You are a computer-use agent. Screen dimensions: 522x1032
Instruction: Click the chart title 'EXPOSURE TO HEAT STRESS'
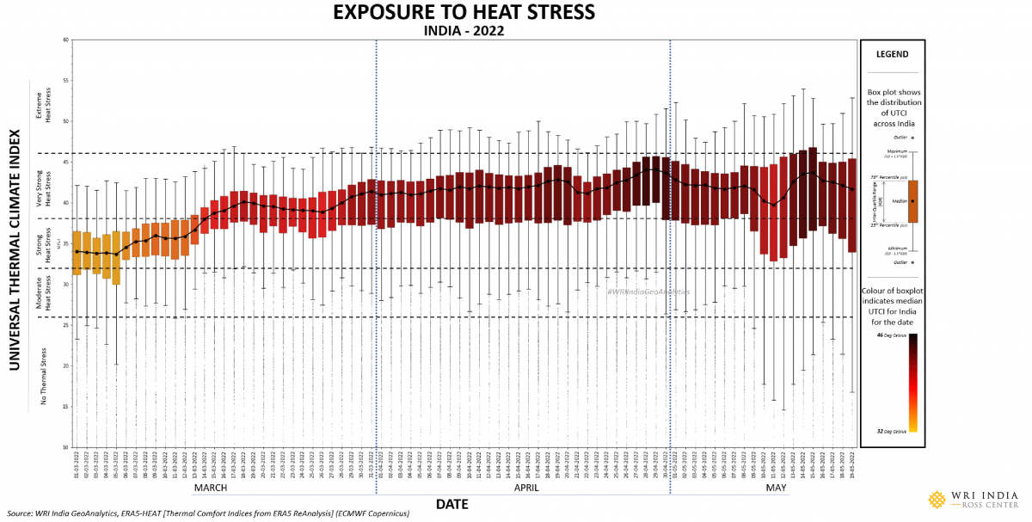click(464, 12)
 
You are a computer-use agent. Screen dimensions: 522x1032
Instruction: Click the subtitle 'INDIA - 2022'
click(464, 30)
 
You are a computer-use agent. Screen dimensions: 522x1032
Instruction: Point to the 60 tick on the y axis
click(66, 40)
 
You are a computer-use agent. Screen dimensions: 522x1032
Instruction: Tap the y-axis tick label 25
click(66, 325)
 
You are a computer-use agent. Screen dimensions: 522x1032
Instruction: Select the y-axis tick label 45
click(66, 163)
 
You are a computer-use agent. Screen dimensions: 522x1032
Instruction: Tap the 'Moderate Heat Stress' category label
click(48, 292)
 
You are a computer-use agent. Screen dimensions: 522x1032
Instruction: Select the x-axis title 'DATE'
click(451, 504)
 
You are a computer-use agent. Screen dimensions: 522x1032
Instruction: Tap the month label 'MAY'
click(776, 488)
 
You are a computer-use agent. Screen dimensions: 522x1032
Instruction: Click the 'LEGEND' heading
click(892, 54)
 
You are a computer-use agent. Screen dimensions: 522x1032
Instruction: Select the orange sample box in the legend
click(912, 200)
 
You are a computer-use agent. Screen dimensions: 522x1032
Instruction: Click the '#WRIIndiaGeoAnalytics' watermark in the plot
click(648, 292)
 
